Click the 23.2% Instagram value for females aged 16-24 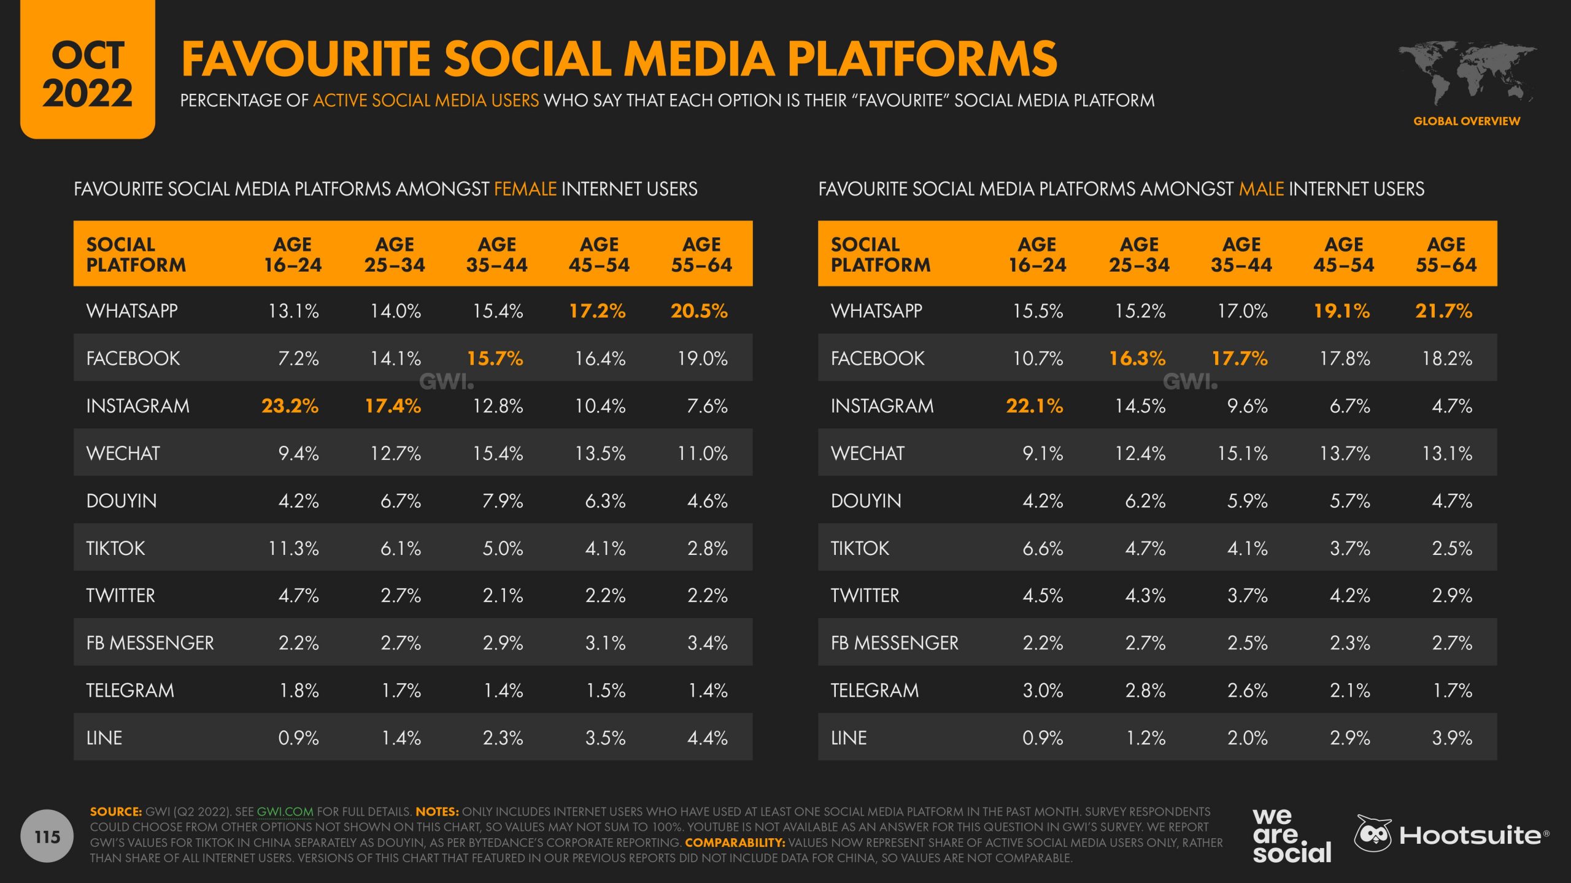(290, 406)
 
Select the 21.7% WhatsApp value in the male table (1443, 311)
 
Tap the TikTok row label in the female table (115, 548)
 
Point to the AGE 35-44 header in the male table (1241, 254)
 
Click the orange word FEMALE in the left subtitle (525, 189)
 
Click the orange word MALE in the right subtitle (1261, 189)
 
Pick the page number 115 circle (47, 836)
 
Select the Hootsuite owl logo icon (1373, 834)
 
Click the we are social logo (1291, 835)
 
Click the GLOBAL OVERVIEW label (1467, 121)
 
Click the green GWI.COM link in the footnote (285, 812)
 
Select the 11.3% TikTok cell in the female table (293, 548)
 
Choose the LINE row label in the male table (849, 738)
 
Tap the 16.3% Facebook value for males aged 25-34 (1137, 358)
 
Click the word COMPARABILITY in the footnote (735, 843)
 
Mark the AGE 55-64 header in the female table (701, 254)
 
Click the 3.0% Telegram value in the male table (1042, 690)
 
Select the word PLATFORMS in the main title (922, 59)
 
